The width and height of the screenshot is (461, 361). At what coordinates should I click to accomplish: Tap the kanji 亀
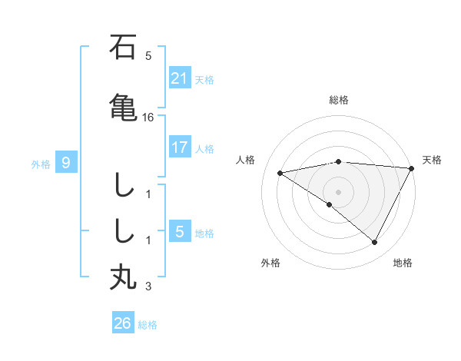click(123, 106)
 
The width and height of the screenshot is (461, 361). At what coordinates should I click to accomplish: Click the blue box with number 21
click(180, 78)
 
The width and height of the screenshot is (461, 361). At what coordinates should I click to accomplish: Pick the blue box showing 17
click(180, 147)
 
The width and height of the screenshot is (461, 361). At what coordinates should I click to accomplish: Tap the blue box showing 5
click(180, 232)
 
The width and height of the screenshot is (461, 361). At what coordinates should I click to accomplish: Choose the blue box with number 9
click(66, 163)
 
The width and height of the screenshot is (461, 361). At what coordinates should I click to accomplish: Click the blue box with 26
click(123, 323)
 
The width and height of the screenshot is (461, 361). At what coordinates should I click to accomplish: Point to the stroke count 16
click(149, 118)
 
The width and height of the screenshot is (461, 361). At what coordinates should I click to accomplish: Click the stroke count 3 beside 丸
click(148, 287)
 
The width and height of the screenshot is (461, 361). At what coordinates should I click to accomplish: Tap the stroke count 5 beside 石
click(148, 56)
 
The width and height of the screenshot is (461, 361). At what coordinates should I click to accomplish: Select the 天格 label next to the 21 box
click(204, 79)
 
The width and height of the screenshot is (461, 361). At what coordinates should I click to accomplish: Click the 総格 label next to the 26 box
click(148, 325)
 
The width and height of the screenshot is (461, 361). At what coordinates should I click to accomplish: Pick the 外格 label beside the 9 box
click(41, 164)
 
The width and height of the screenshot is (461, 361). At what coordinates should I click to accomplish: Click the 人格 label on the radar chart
click(246, 160)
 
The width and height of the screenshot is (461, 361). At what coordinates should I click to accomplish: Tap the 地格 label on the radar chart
click(403, 263)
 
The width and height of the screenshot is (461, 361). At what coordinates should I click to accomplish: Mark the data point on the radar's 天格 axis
click(413, 168)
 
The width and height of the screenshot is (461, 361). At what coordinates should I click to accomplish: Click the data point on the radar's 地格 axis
click(375, 243)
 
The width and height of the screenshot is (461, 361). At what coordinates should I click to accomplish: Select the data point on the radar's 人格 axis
click(280, 173)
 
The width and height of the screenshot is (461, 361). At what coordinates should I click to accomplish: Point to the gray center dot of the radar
click(338, 191)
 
